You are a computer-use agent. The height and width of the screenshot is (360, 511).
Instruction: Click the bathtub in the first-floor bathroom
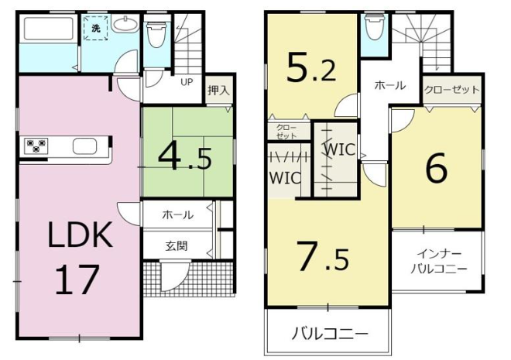[48, 29]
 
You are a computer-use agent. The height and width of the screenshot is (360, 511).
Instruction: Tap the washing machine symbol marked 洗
[95, 28]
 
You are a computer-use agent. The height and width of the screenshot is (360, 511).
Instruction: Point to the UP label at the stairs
[187, 82]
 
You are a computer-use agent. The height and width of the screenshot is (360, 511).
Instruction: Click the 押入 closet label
[218, 91]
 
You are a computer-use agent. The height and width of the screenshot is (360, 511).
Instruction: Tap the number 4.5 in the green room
[185, 159]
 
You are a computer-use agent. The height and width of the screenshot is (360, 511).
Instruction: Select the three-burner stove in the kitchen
[36, 146]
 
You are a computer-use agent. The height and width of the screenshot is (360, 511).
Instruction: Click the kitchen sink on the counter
[84, 146]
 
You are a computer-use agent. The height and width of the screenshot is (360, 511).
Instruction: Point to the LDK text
[81, 235]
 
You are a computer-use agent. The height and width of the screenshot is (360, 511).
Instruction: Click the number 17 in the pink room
[77, 279]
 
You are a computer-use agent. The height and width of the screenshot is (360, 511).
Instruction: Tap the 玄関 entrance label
[177, 246]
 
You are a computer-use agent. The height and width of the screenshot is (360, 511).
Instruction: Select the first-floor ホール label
[177, 215]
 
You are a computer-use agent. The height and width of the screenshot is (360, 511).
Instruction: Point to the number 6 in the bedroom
[437, 169]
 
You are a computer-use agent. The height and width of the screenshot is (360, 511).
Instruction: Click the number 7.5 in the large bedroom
[324, 257]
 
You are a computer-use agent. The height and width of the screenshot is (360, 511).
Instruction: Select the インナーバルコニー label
[439, 261]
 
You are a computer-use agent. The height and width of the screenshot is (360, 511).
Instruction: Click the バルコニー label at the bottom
[330, 334]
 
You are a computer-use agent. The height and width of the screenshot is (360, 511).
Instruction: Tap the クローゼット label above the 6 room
[451, 90]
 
